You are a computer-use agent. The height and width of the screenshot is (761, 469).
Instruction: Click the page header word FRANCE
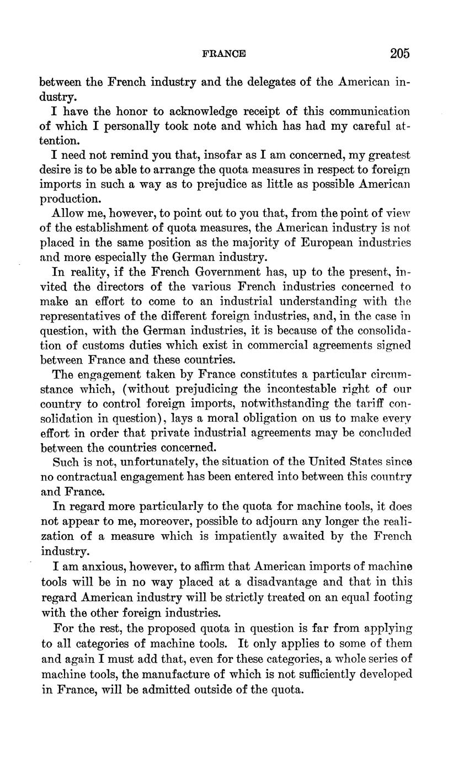point(224,54)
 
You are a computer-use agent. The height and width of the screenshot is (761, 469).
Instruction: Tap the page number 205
point(400,54)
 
